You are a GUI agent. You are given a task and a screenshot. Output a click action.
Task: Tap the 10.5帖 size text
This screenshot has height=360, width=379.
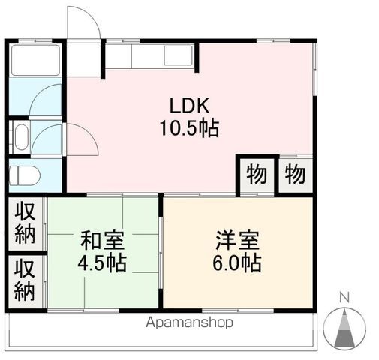tap(188, 129)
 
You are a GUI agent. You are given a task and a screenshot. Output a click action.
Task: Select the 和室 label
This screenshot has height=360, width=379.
tap(103, 242)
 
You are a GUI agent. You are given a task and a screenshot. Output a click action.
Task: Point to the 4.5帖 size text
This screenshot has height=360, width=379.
tap(103, 264)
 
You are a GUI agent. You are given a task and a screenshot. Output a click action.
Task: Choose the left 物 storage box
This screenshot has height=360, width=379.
tap(255, 175)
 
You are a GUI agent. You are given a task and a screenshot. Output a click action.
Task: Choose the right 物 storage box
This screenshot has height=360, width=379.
tap(294, 175)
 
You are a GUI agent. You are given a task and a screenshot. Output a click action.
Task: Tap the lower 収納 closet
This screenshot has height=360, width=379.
tap(26, 280)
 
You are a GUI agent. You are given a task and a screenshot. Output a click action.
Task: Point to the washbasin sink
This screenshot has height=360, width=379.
tap(21, 137)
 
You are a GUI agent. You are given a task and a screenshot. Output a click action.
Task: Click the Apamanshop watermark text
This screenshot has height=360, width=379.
tap(189, 322)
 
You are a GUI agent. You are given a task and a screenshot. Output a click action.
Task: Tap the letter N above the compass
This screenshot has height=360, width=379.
tap(344, 296)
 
